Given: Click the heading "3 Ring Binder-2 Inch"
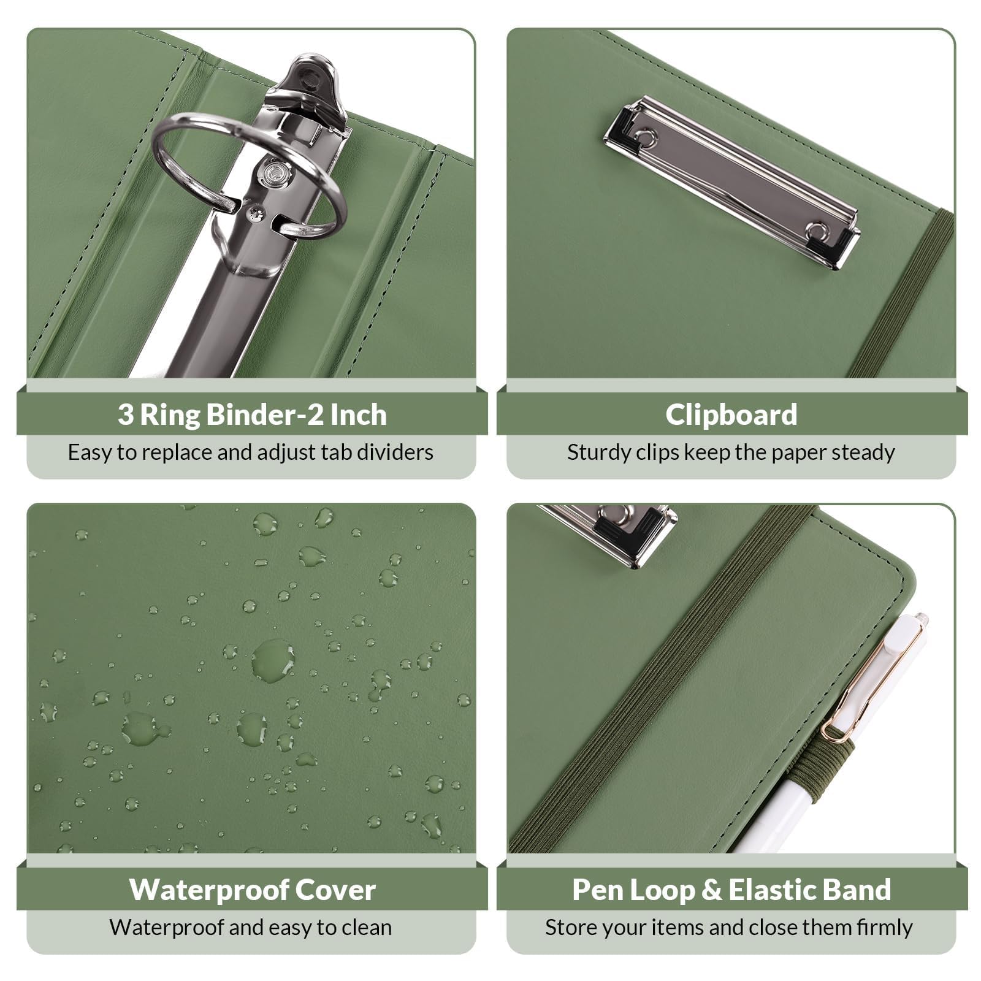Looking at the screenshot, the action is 252,414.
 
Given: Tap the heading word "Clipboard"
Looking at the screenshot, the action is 731,414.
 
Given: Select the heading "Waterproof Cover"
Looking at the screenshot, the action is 252,890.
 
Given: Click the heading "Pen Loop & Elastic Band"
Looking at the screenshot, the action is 731,890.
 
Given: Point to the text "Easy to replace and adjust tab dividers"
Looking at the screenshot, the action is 251,452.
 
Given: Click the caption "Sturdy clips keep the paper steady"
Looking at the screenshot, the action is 731,452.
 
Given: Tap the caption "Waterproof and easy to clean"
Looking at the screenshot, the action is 251,928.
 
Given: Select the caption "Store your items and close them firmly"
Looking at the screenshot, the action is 729,928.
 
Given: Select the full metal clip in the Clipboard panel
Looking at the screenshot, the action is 731,181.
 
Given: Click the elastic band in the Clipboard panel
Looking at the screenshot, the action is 901,294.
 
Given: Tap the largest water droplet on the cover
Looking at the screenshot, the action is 273,660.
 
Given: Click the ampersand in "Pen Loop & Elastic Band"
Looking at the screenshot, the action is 711,890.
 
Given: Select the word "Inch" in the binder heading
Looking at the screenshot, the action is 359,414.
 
